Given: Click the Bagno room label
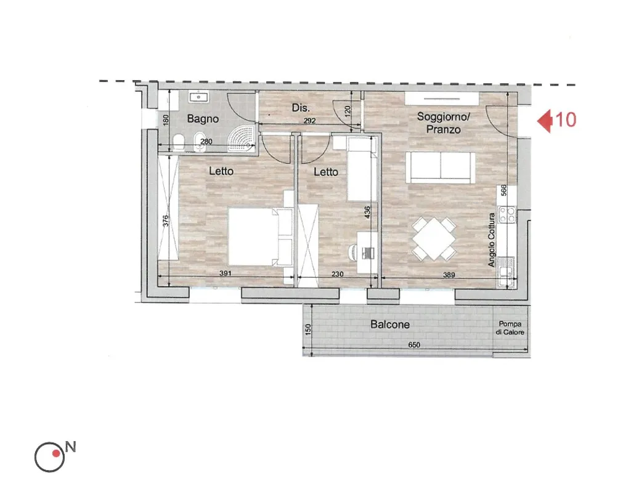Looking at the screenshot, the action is tap(203, 119).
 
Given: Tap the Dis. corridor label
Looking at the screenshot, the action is tap(301, 108).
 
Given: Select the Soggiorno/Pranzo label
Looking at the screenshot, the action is tap(444, 123).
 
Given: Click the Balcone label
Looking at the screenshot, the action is tap(390, 324).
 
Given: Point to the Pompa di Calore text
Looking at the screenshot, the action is tap(510, 328).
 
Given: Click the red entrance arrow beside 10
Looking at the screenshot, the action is tap(544, 120).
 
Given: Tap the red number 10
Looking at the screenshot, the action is tap(565, 120).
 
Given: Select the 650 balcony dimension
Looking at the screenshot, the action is tap(414, 345).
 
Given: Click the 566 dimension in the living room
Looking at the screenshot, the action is tap(503, 190).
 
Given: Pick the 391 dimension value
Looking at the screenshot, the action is tap(226, 273).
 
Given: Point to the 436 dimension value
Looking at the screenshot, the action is tap(367, 213).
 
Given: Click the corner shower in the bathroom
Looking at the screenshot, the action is tap(242, 137).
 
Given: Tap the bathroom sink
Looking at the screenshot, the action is tap(199, 97).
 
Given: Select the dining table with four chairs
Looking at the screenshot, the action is tap(434, 238).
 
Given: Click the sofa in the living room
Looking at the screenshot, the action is tap(441, 168).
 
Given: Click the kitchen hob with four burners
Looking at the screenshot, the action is tap(507, 214).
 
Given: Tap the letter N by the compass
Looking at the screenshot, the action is tap(71, 447).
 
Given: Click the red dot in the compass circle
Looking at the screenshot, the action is tap(56, 453).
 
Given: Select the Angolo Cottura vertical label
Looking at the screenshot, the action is tap(491, 240).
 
